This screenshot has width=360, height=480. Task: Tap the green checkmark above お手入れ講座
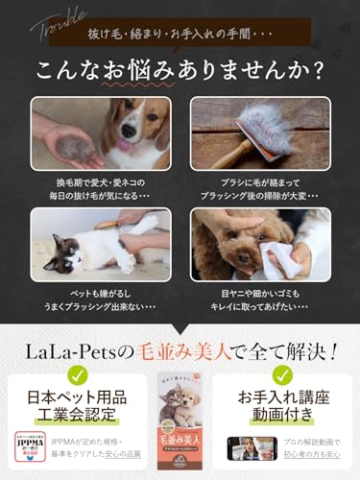point(282,375)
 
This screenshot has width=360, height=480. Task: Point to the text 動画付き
point(282,419)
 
